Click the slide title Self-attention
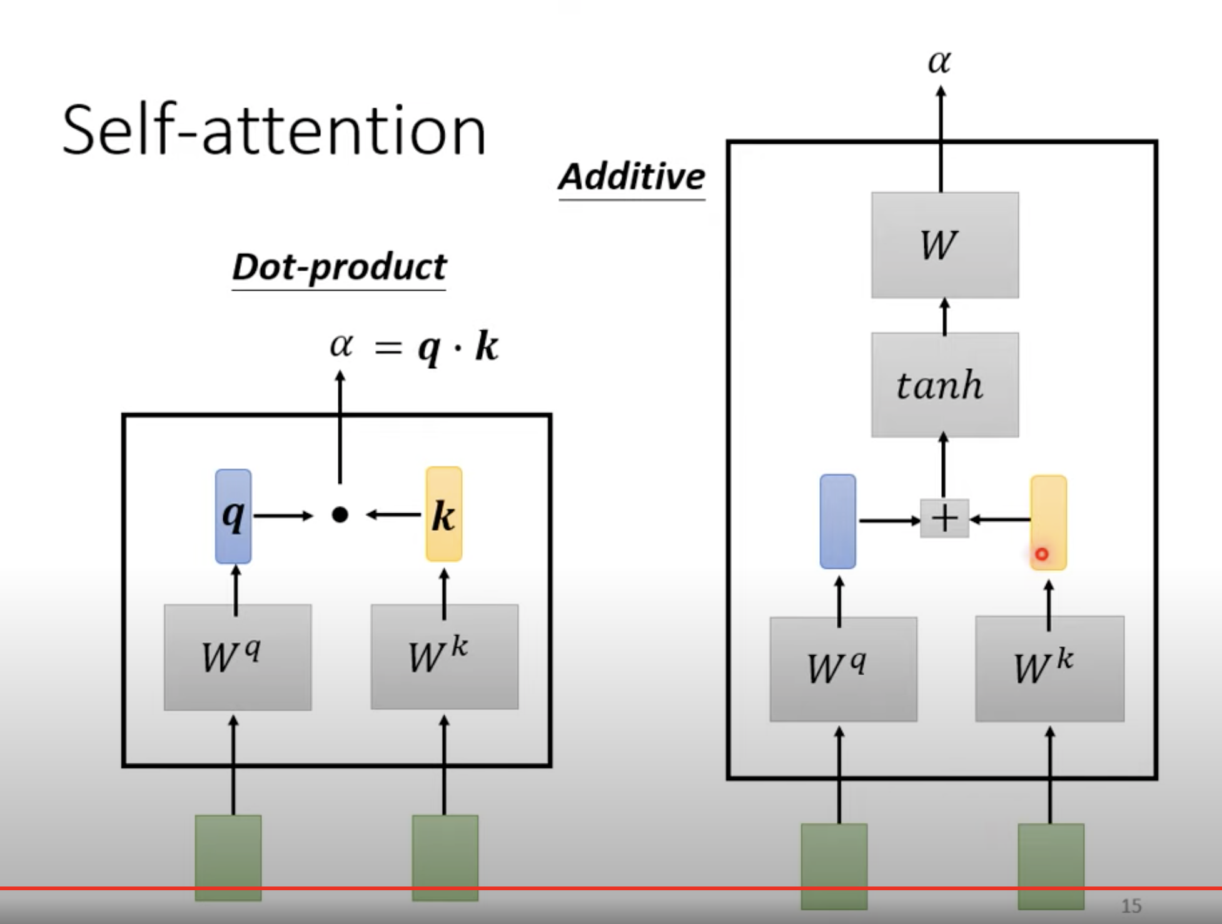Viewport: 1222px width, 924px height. [x=274, y=131]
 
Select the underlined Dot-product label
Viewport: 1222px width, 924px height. [x=339, y=268]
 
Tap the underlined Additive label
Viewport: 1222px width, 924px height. [x=632, y=177]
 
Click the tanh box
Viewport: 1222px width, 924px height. [x=944, y=384]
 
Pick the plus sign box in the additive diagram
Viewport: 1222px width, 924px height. [x=944, y=518]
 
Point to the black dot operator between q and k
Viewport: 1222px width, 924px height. [x=340, y=515]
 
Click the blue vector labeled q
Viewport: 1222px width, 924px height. [x=233, y=516]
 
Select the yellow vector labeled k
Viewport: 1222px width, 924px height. [x=444, y=514]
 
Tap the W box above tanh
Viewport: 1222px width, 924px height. [x=944, y=245]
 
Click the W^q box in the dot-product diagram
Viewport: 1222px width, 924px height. [x=238, y=657]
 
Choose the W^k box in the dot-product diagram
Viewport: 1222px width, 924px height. [x=444, y=656]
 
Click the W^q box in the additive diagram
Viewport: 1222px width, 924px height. [x=843, y=669]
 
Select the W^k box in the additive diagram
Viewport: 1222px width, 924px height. [x=1049, y=668]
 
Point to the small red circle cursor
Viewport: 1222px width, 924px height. [x=1041, y=554]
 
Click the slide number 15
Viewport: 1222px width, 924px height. [x=1131, y=905]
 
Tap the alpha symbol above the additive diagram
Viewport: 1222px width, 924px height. [x=939, y=61]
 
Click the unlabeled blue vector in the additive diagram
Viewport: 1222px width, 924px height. [x=837, y=521]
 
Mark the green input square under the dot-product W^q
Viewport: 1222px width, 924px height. [x=228, y=856]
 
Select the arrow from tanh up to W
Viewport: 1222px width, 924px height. [x=944, y=316]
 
